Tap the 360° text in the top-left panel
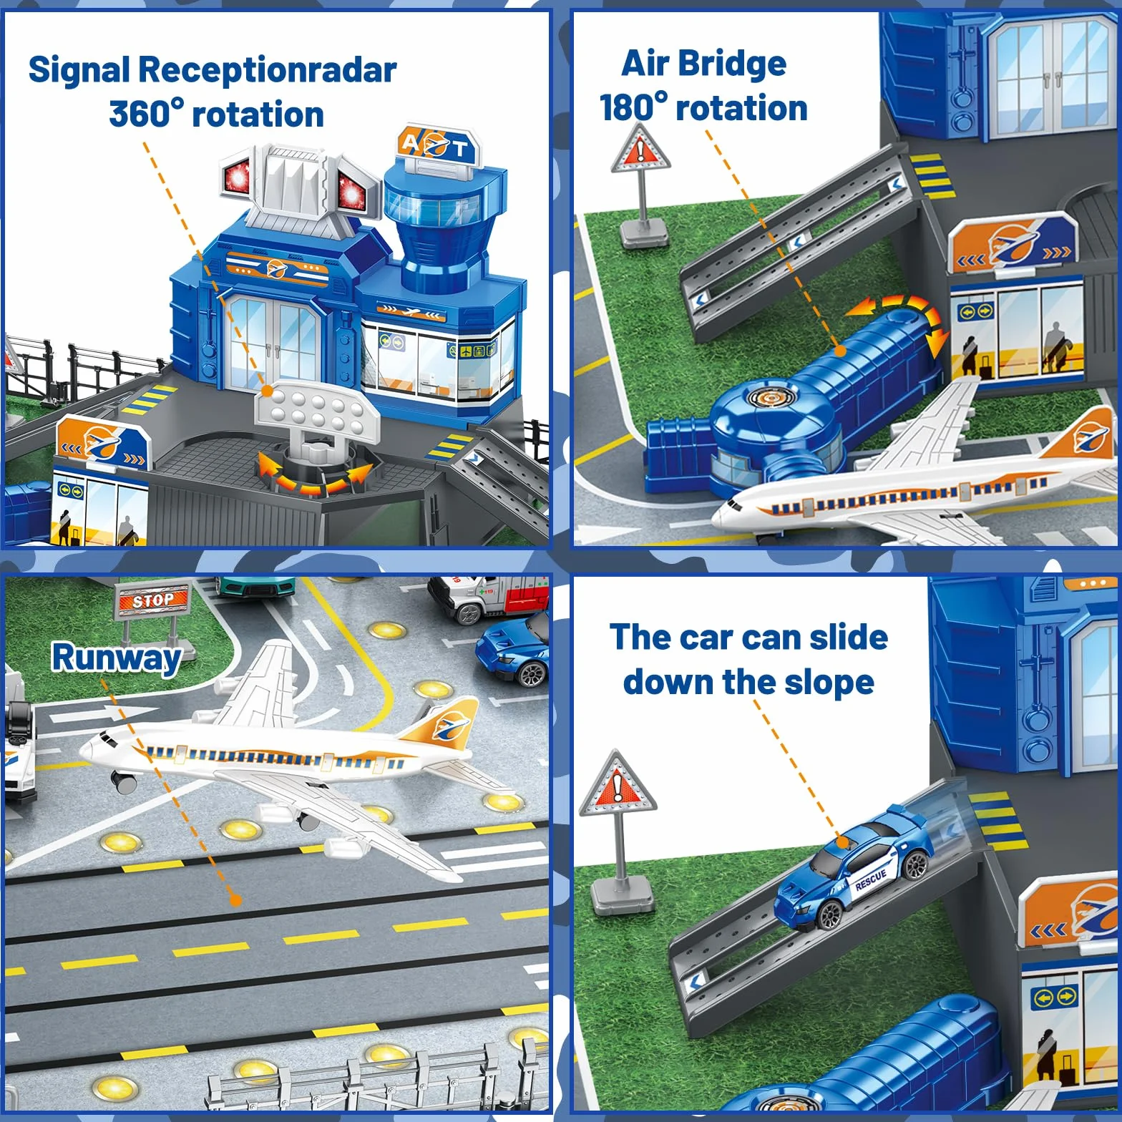pos(146,114)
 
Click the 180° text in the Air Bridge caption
pos(633,108)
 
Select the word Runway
pos(117,658)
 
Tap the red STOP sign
pos(152,600)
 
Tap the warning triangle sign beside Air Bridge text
pos(640,150)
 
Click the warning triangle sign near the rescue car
pos(618,784)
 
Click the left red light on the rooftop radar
pos(237,176)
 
